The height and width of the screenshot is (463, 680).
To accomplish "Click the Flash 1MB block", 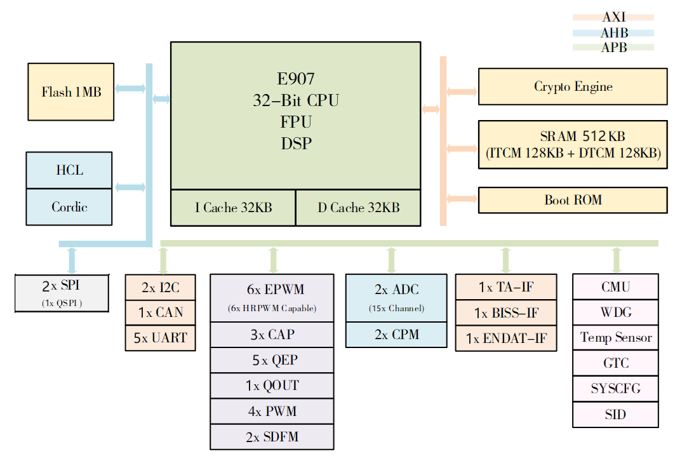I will [70, 91].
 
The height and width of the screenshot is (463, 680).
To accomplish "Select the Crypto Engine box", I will [572, 86].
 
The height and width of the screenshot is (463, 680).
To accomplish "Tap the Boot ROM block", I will [572, 200].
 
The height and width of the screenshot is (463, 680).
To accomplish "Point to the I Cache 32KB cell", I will [233, 208].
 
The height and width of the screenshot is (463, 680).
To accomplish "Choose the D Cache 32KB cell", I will [358, 208].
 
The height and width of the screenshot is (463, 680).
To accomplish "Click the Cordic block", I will [69, 207].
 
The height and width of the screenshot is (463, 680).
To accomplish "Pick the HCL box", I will [69, 170].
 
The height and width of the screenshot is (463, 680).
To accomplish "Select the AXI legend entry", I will [613, 18].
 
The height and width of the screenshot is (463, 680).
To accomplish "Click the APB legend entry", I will [613, 47].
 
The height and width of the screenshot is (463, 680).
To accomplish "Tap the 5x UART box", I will [160, 338].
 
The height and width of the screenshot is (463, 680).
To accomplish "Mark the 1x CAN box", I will [160, 312].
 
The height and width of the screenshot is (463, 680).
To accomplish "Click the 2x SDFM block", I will [272, 437].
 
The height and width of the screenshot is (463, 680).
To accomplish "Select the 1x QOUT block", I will [272, 386].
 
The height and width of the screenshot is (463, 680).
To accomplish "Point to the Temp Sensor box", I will [615, 337].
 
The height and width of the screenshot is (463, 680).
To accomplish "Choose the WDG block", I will [615, 312].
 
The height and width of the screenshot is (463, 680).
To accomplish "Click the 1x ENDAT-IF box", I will [506, 339].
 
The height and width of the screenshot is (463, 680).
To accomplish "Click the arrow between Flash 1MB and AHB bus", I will [130, 90].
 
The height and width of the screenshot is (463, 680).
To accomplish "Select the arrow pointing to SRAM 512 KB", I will [462, 149].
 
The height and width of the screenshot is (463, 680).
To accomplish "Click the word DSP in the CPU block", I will [296, 144].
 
